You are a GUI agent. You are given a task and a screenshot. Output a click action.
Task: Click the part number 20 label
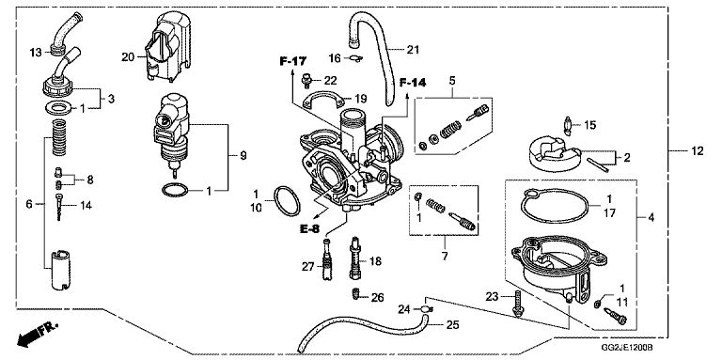[128, 57]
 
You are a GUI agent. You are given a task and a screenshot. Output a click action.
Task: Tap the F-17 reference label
[293, 61]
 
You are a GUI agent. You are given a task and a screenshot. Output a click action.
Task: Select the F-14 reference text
[413, 83]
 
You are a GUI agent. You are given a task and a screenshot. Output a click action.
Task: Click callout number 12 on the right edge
[698, 151]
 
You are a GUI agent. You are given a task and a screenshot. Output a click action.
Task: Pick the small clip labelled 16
[354, 58]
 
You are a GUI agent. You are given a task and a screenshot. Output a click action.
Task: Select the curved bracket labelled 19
[324, 98]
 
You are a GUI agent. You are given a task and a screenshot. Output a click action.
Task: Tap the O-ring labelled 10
[287, 201]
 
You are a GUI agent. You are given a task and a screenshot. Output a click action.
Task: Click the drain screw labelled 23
[518, 304]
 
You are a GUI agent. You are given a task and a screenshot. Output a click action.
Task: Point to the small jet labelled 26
[355, 293]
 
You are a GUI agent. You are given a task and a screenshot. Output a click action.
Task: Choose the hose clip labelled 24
[426, 308]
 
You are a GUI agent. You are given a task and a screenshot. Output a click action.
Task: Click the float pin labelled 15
[568, 126]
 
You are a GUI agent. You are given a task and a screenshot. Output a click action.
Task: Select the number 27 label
[308, 267]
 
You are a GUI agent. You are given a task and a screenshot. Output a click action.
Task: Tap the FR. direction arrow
[38, 335]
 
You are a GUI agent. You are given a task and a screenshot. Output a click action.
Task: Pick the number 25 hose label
[452, 325]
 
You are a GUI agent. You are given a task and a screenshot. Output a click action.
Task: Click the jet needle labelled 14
[59, 207]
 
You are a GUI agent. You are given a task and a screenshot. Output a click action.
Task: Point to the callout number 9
[243, 156]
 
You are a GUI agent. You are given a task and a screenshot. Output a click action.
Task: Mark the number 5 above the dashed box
[451, 81]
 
